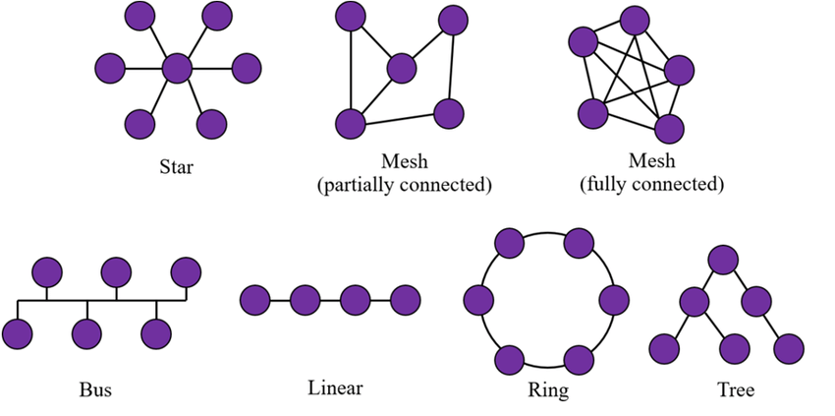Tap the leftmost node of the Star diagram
click(110, 68)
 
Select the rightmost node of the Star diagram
click(246, 68)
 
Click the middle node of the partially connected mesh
click(402, 68)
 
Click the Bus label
click(95, 388)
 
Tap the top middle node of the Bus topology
click(116, 271)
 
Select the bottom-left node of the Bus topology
click(18, 334)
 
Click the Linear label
click(335, 387)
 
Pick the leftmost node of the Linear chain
click(254, 298)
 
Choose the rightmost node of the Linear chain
click(405, 298)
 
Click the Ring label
click(547, 389)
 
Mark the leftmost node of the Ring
click(477, 299)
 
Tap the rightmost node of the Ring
click(614, 299)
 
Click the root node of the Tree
click(723, 260)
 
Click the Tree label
click(736, 389)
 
